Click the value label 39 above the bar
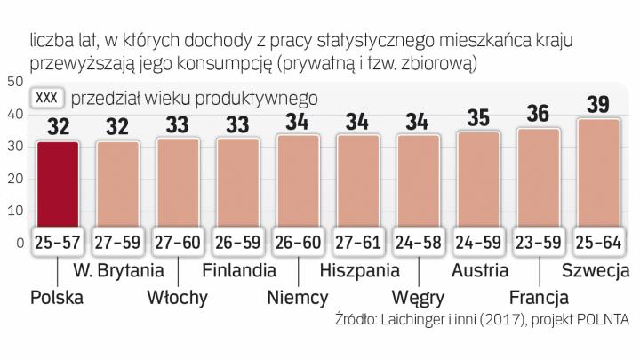[598, 104]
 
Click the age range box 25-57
[59, 240]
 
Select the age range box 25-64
[598, 240]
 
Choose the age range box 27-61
[358, 240]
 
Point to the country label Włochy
[178, 296]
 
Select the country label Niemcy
[298, 296]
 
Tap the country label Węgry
[419, 296]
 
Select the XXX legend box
[47, 99]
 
